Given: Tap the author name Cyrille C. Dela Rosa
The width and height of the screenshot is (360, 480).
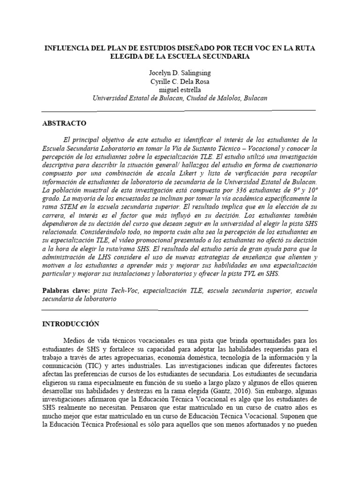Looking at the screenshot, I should [180, 82].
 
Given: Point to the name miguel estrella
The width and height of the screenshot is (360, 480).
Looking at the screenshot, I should [180, 90].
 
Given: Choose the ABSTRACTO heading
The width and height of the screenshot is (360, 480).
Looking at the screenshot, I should [64, 123].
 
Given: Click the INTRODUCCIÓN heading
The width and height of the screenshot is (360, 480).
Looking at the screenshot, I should [71, 324].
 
